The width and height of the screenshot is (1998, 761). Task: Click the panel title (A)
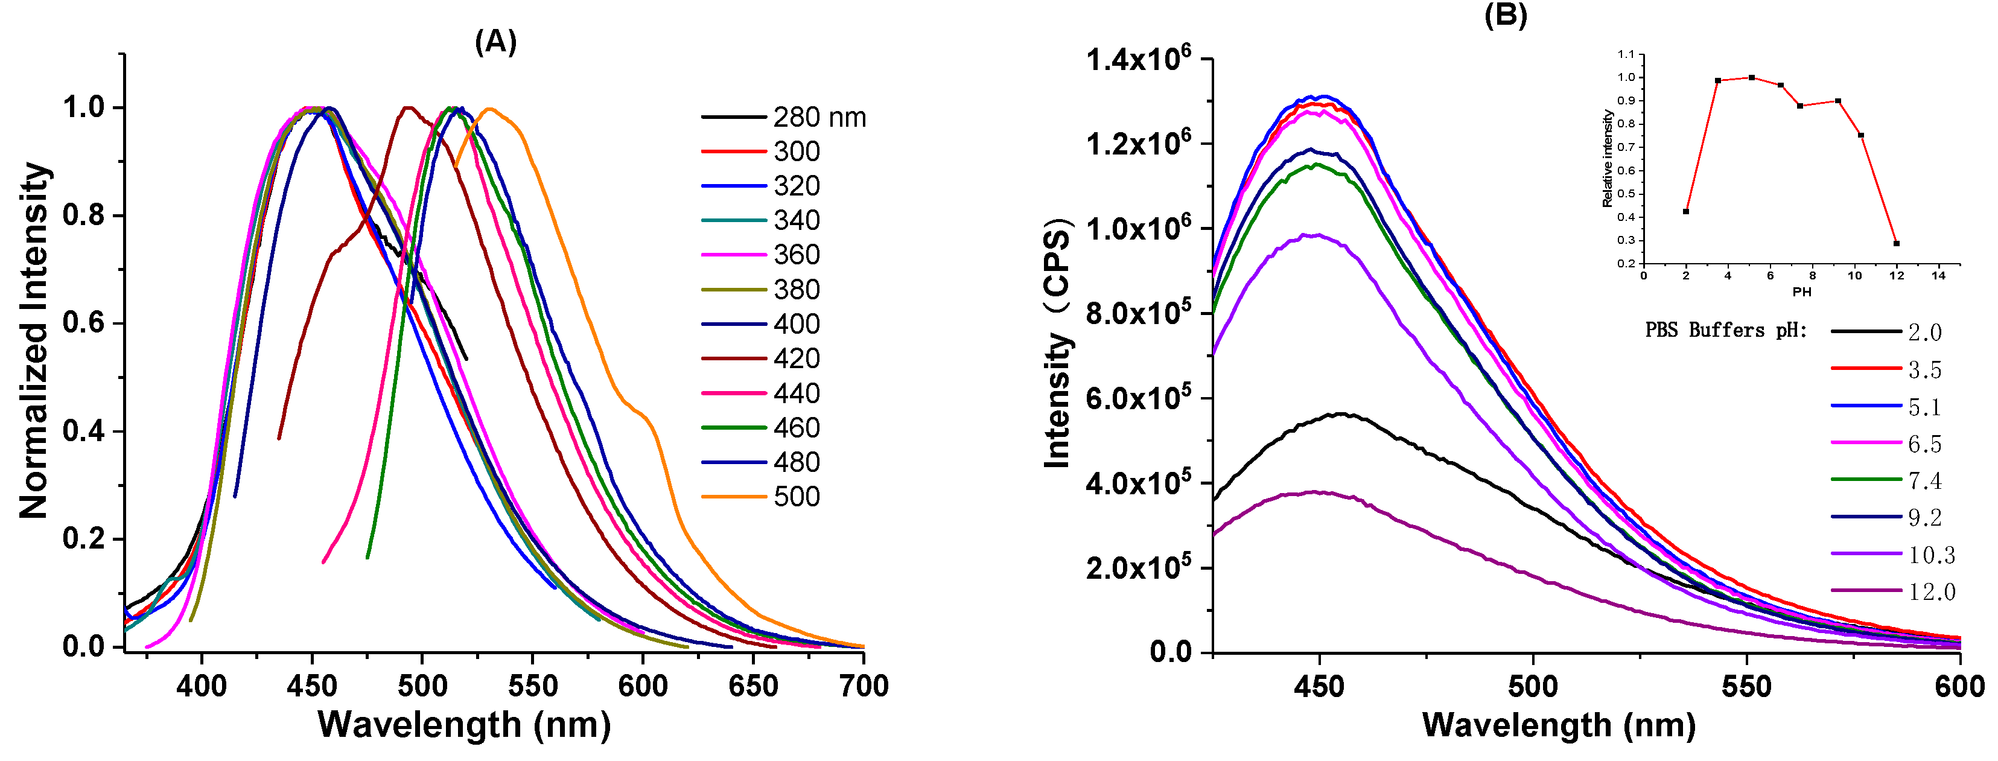495,41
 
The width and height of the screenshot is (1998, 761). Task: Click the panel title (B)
1505,14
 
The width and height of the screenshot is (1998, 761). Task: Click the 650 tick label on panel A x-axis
752,686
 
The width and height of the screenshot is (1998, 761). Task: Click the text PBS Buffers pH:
1726,331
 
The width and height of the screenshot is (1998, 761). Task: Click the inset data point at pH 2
1686,211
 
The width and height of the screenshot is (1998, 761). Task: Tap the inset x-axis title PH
1801,291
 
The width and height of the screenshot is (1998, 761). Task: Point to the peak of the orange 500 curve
489,109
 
